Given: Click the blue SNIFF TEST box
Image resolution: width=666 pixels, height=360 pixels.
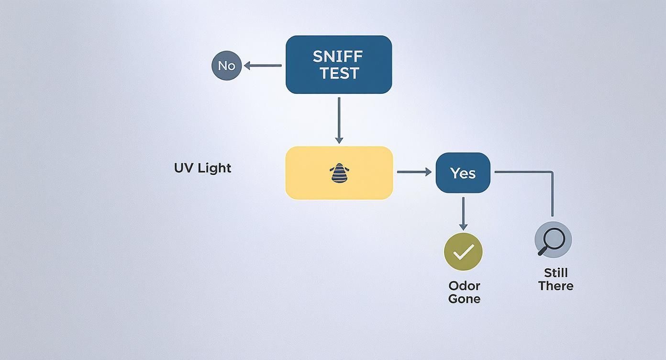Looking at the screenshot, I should coord(339,64).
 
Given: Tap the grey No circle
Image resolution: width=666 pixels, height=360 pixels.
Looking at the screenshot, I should coord(226,66).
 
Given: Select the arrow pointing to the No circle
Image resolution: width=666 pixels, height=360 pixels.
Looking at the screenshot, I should coord(263,66).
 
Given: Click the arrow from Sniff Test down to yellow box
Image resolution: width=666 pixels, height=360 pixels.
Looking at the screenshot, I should coord(339,120).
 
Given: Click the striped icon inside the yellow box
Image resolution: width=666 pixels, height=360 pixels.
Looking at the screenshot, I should coord(339,173).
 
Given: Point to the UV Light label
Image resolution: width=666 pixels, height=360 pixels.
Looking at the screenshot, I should coord(202,168).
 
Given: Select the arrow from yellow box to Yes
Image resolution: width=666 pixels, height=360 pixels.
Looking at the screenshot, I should coord(414,172).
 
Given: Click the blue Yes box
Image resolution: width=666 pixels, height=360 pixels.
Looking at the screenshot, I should coord(463,173).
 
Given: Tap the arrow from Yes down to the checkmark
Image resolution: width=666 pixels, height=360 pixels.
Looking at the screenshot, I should coord(463,213).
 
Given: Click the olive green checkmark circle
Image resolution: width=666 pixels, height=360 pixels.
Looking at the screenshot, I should coord(463,252).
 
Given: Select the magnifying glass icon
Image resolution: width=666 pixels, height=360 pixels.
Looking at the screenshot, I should coord(553,239).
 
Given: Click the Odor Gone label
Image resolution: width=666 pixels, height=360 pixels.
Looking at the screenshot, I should coord(464,292).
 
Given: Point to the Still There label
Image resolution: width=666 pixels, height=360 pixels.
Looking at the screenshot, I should coord(555,279).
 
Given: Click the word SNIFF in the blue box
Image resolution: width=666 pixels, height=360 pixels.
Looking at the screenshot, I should coord(338,56).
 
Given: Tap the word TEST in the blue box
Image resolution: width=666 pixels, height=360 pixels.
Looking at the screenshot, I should coord(339,73).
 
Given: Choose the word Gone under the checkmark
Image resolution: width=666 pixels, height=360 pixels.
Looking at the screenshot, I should coord(464,299).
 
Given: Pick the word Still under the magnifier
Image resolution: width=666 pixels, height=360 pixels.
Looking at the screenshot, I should coord(555,273).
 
